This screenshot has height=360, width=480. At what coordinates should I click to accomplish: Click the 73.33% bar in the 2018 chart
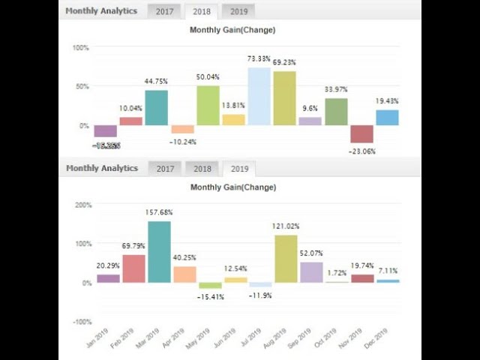pyautogui.click(x=259, y=96)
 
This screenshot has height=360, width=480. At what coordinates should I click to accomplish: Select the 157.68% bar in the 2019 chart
pyautogui.click(x=159, y=252)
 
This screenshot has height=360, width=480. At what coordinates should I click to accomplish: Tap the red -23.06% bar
pyautogui.click(x=361, y=133)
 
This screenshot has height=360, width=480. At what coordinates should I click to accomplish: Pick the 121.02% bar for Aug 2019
pyautogui.click(x=286, y=259)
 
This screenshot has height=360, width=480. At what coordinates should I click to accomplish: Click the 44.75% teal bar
pyautogui.click(x=156, y=107)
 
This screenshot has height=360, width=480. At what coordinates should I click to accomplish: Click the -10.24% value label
pyautogui.click(x=182, y=141)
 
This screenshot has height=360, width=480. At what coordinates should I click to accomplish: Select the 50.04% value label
pyautogui.click(x=208, y=76)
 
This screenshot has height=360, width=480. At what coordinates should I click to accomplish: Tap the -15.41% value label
pyautogui.click(x=211, y=297)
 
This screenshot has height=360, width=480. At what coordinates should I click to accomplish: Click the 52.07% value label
pyautogui.click(x=311, y=253)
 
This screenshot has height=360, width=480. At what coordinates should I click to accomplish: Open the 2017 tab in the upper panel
pyautogui.click(x=165, y=12)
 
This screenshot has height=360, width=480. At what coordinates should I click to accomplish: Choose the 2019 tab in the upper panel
pyautogui.click(x=238, y=12)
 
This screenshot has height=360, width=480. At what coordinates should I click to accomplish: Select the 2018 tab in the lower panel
pyautogui.click(x=202, y=169)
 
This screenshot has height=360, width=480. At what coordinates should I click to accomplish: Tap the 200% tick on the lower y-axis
pyautogui.click(x=82, y=205)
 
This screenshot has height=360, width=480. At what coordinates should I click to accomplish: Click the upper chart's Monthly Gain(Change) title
pyautogui.click(x=232, y=30)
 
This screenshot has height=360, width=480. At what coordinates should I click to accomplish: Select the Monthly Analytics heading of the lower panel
pyautogui.click(x=101, y=168)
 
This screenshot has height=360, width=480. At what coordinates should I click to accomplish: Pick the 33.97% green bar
pyautogui.click(x=336, y=112)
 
